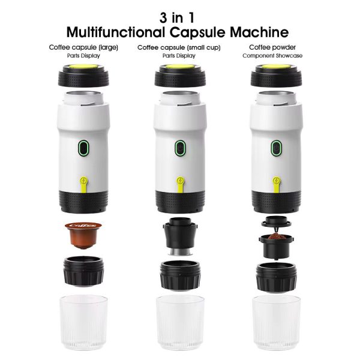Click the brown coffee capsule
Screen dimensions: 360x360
(x=83, y=235)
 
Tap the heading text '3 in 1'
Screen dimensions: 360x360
(x=177, y=18)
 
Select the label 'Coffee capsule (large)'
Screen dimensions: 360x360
(x=83, y=47)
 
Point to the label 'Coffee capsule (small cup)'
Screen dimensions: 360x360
(x=179, y=47)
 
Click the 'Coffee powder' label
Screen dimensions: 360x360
(x=272, y=47)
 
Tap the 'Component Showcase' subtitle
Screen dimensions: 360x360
(x=272, y=56)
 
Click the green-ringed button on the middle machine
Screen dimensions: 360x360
(x=180, y=148)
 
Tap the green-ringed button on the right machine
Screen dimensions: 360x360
(x=277, y=148)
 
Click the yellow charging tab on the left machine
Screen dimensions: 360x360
(x=84, y=184)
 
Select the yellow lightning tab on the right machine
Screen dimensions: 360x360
(x=277, y=184)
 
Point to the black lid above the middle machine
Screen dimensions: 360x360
(x=180, y=76)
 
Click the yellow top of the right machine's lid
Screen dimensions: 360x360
(x=276, y=67)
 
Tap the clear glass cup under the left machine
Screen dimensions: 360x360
(x=83, y=322)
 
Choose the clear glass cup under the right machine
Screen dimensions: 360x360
(x=276, y=322)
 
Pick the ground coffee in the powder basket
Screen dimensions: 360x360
(x=276, y=236)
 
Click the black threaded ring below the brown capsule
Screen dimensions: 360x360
(x=83, y=271)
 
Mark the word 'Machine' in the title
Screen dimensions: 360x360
(x=259, y=32)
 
